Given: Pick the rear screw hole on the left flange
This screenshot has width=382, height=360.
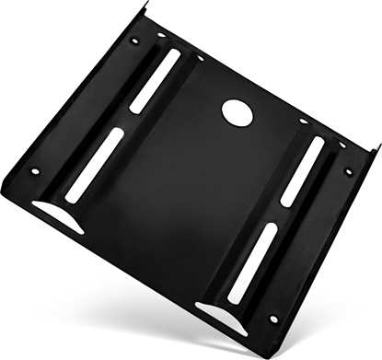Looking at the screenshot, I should [x=135, y=41].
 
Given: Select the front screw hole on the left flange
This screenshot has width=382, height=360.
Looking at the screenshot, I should [x=36, y=171].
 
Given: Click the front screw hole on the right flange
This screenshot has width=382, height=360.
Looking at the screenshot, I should [x=273, y=319].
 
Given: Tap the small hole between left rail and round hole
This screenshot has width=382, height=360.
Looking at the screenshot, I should [x=201, y=58].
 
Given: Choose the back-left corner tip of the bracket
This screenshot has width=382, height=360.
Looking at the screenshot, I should [x=146, y=6].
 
